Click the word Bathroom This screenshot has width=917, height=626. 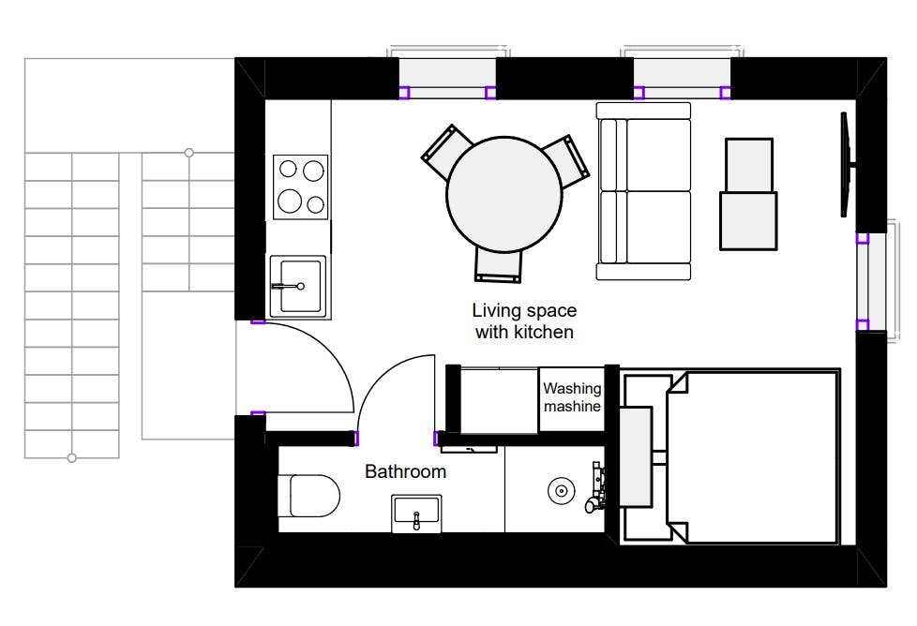click(405, 471)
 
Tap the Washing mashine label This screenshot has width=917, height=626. click(572, 397)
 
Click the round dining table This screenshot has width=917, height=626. click(504, 195)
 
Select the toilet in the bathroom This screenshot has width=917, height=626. click(308, 496)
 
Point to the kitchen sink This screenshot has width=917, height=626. click(297, 286)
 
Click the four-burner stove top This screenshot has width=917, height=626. click(301, 187)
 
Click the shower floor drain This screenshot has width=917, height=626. click(562, 490)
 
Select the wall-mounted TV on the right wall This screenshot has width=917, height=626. click(847, 165)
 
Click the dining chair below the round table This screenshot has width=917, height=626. click(498, 266)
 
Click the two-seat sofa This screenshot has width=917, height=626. click(644, 191)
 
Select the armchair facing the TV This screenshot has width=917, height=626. click(748, 194)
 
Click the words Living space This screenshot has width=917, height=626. click(524, 310)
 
